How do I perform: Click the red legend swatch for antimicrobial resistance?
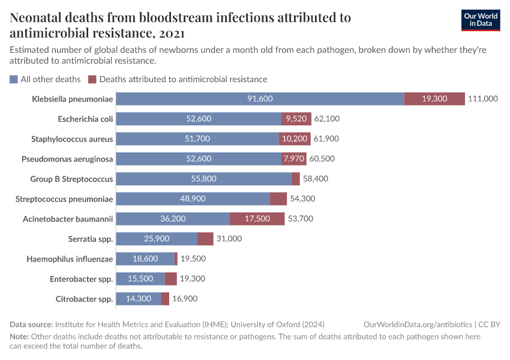tap(92, 79)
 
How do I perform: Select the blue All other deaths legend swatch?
tap(14, 79)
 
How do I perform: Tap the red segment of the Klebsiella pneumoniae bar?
tap(434, 98)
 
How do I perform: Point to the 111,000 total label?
tap(483, 98)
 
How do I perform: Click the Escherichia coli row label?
tap(85, 119)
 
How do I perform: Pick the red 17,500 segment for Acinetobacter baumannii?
tap(257, 219)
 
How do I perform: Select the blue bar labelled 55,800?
tap(203, 179)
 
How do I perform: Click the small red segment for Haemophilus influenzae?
tap(176, 259)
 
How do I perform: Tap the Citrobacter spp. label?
tap(84, 299)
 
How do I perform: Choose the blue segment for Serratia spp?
tap(157, 239)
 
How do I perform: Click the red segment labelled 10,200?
tap(295, 139)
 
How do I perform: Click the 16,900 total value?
tap(185, 299)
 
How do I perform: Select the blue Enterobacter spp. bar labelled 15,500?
tap(140, 279)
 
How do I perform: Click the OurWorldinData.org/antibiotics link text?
tap(418, 324)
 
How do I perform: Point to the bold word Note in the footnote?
tap(19, 337)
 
